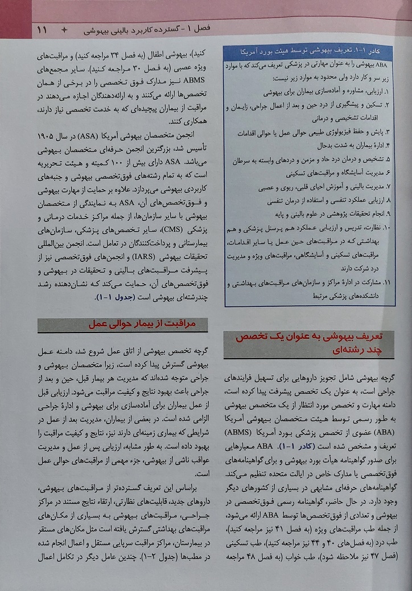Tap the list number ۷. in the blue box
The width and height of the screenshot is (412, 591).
click(387, 187)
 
